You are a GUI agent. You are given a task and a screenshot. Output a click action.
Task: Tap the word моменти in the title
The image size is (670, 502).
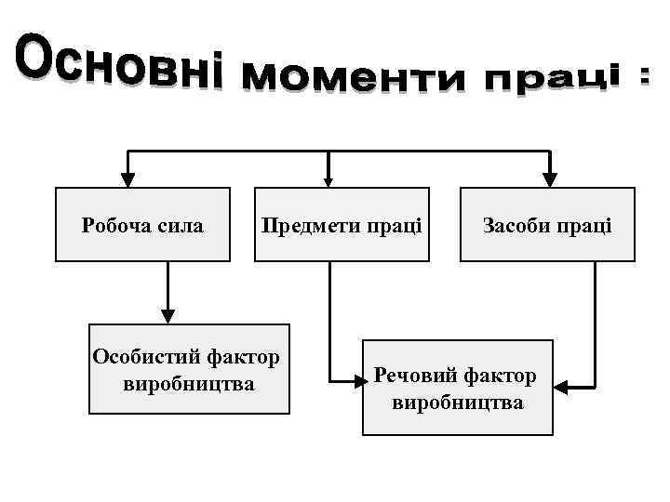pyautogui.click(x=352, y=82)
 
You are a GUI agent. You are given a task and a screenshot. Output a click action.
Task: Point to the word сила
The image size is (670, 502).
pyautogui.click(x=181, y=225)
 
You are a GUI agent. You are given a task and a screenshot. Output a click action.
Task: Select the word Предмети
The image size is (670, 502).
pyautogui.click(x=303, y=225)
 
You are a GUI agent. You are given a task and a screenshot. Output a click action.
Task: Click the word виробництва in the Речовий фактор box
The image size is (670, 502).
pyautogui.click(x=458, y=403)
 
